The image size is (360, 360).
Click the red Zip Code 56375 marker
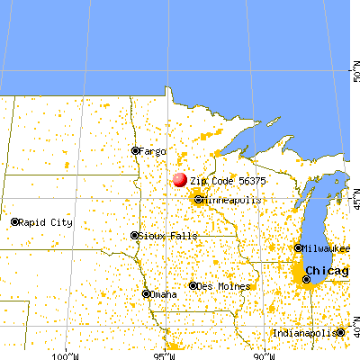[x=180, y=180]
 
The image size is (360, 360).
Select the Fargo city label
[x=153, y=150]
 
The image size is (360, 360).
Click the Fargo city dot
[x=136, y=150]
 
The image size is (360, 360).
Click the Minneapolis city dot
[x=198, y=200]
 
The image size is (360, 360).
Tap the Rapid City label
[x=44, y=220]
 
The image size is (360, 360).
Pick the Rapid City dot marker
[x=15, y=220]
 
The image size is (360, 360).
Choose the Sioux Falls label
[x=162, y=237]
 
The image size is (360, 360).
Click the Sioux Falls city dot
[x=136, y=237]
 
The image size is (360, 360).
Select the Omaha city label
[x=165, y=293]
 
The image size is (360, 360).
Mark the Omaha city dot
[x=147, y=293]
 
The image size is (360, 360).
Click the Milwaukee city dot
[x=299, y=247]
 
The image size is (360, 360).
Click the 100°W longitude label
[x=66, y=354]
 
